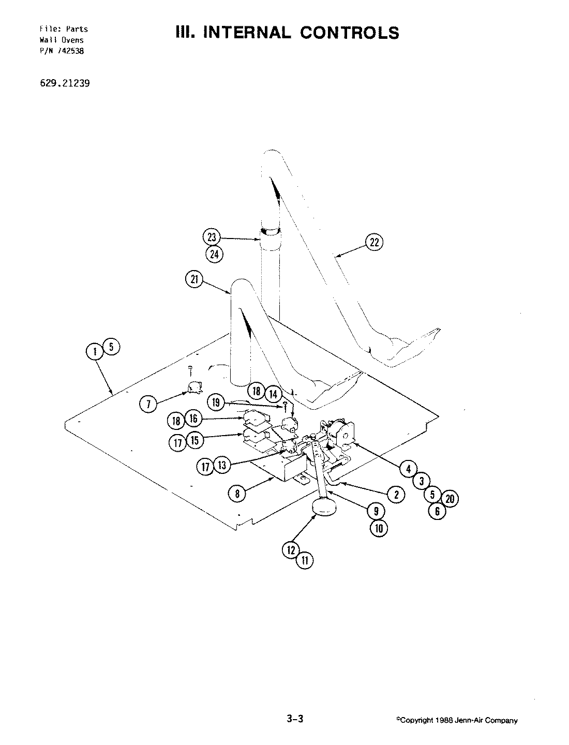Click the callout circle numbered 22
375,242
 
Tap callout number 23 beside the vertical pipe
211,238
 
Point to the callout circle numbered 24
213,254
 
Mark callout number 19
216,401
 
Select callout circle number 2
396,494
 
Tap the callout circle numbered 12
291,549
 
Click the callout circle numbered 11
305,560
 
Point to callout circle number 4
408,469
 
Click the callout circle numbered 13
221,466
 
